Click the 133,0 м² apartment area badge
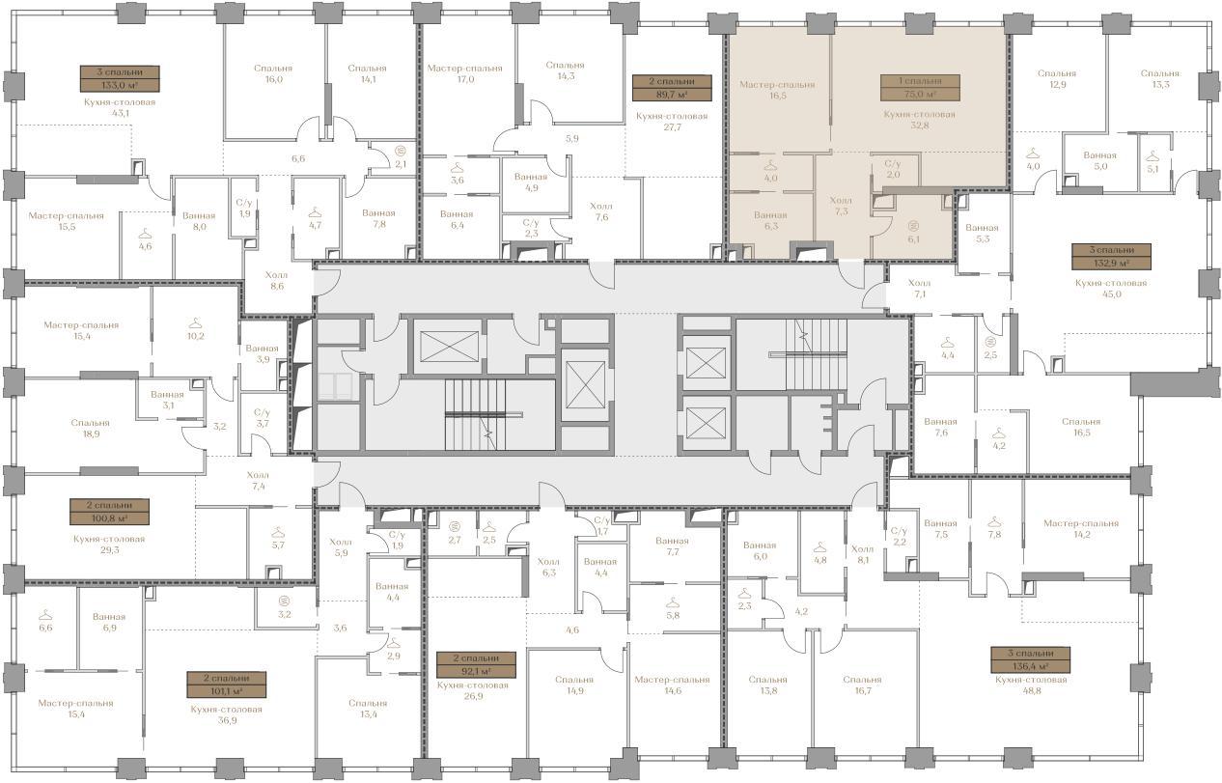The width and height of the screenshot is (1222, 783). (120, 78)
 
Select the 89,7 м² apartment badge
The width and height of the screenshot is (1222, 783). (672, 88)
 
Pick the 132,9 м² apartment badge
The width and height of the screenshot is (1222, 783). (1111, 257)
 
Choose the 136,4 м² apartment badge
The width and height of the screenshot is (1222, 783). (1031, 660)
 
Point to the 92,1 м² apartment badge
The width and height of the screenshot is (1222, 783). (476, 664)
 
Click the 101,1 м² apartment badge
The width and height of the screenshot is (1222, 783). (227, 685)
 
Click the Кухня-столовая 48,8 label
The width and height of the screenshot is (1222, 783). (1031, 685)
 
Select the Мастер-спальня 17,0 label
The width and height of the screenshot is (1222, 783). (465, 73)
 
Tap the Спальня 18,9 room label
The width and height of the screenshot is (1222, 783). (90, 429)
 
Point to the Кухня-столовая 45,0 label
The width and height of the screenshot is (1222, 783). (1111, 288)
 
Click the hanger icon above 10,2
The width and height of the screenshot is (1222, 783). (195, 322)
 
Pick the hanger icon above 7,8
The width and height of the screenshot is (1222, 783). (994, 521)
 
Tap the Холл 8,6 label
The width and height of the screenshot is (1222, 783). (277, 280)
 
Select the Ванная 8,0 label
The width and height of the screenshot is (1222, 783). (199, 221)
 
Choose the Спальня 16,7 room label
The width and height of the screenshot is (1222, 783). (862, 685)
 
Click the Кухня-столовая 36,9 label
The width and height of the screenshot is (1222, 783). (227, 714)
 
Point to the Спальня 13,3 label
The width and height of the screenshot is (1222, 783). (1160, 78)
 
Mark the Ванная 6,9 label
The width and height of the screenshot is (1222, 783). (109, 622)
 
